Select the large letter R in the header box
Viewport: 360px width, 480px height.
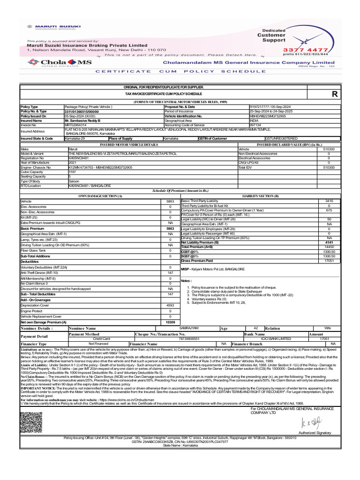(x=334, y=94)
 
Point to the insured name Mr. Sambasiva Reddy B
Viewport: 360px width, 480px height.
(x=82, y=120)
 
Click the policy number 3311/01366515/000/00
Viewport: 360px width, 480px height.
(x=82, y=112)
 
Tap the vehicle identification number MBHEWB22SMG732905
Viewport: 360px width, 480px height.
(x=270, y=116)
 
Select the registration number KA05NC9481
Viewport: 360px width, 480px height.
(x=78, y=158)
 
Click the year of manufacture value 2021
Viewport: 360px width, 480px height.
(x=72, y=163)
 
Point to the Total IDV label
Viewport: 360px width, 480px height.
(x=246, y=167)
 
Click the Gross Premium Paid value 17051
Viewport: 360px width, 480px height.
(x=329, y=261)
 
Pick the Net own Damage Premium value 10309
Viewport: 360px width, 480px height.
(x=170, y=322)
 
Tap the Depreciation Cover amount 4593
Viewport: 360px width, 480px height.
(x=170, y=305)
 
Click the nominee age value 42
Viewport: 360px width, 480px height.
(x=255, y=328)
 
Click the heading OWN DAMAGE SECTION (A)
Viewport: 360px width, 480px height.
(x=94, y=196)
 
